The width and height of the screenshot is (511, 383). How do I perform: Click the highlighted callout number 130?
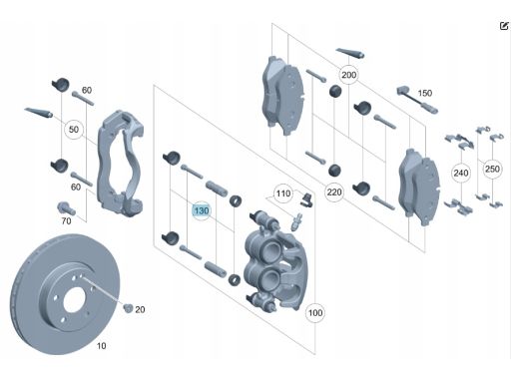pos(202,210)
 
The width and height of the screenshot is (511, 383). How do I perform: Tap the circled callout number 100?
pos(315,313)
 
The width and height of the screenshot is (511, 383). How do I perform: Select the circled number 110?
pos(283,193)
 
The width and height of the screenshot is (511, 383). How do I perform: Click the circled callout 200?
pos(348,75)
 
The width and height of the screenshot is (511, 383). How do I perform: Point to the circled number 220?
pos(334,192)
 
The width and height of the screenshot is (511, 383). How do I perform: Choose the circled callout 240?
pos(461,173)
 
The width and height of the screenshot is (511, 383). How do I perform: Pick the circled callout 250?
pos(492,169)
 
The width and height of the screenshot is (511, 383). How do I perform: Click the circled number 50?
pos(74,130)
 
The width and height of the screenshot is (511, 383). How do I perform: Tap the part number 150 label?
pos(424,93)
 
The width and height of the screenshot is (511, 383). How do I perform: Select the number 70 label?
pos(66,221)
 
